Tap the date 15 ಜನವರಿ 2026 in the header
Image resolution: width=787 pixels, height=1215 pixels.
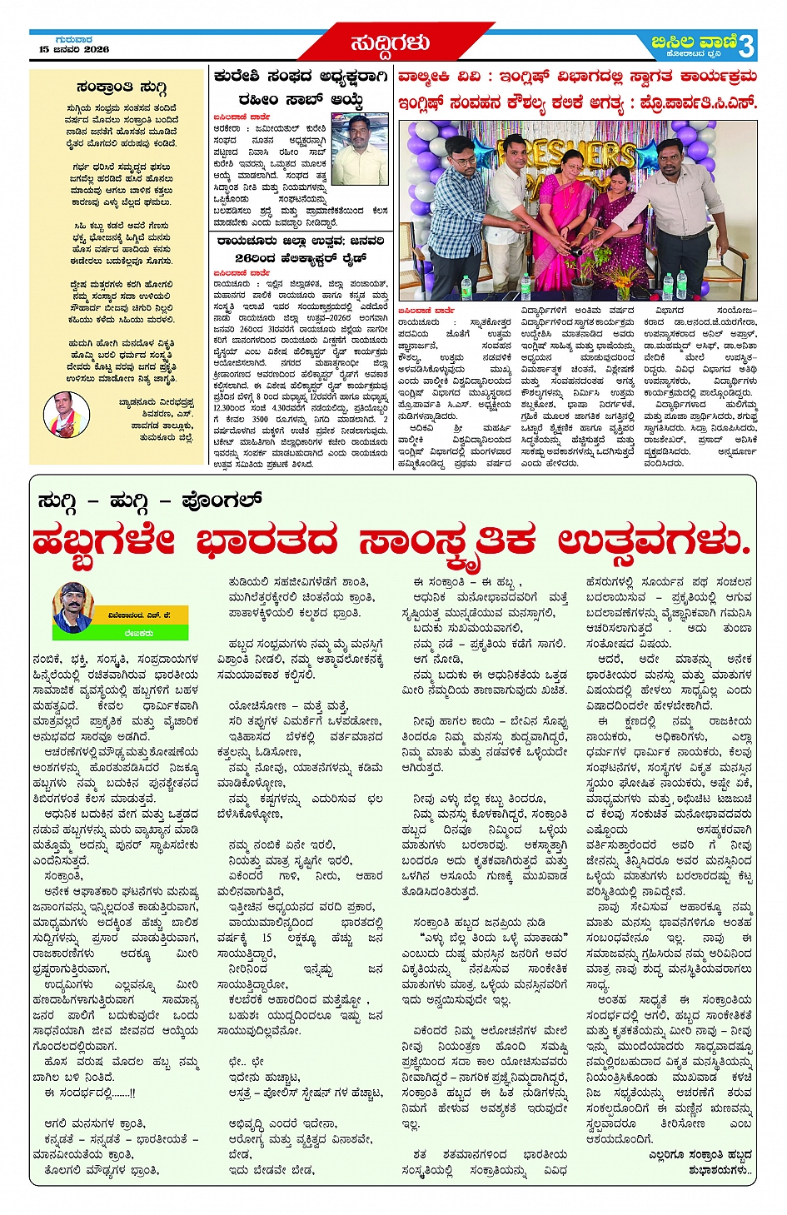pyautogui.click(x=74, y=49)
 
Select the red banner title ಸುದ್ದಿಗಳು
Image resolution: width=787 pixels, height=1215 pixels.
pyautogui.click(x=390, y=42)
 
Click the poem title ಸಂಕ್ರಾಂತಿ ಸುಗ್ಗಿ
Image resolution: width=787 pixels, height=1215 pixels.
pyautogui.click(x=122, y=88)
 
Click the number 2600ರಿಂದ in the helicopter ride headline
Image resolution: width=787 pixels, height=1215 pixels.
pyautogui.click(x=255, y=258)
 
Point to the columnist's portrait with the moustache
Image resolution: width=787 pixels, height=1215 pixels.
pyautogui.click(x=72, y=608)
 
